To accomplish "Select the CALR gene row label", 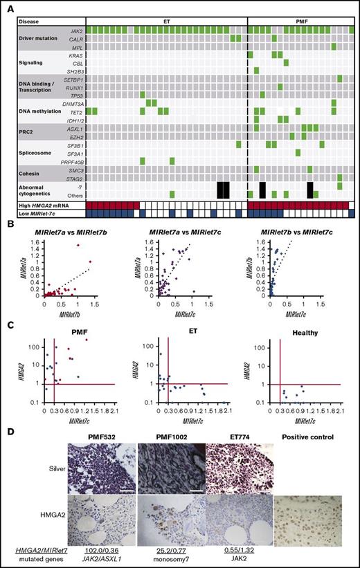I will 77,39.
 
